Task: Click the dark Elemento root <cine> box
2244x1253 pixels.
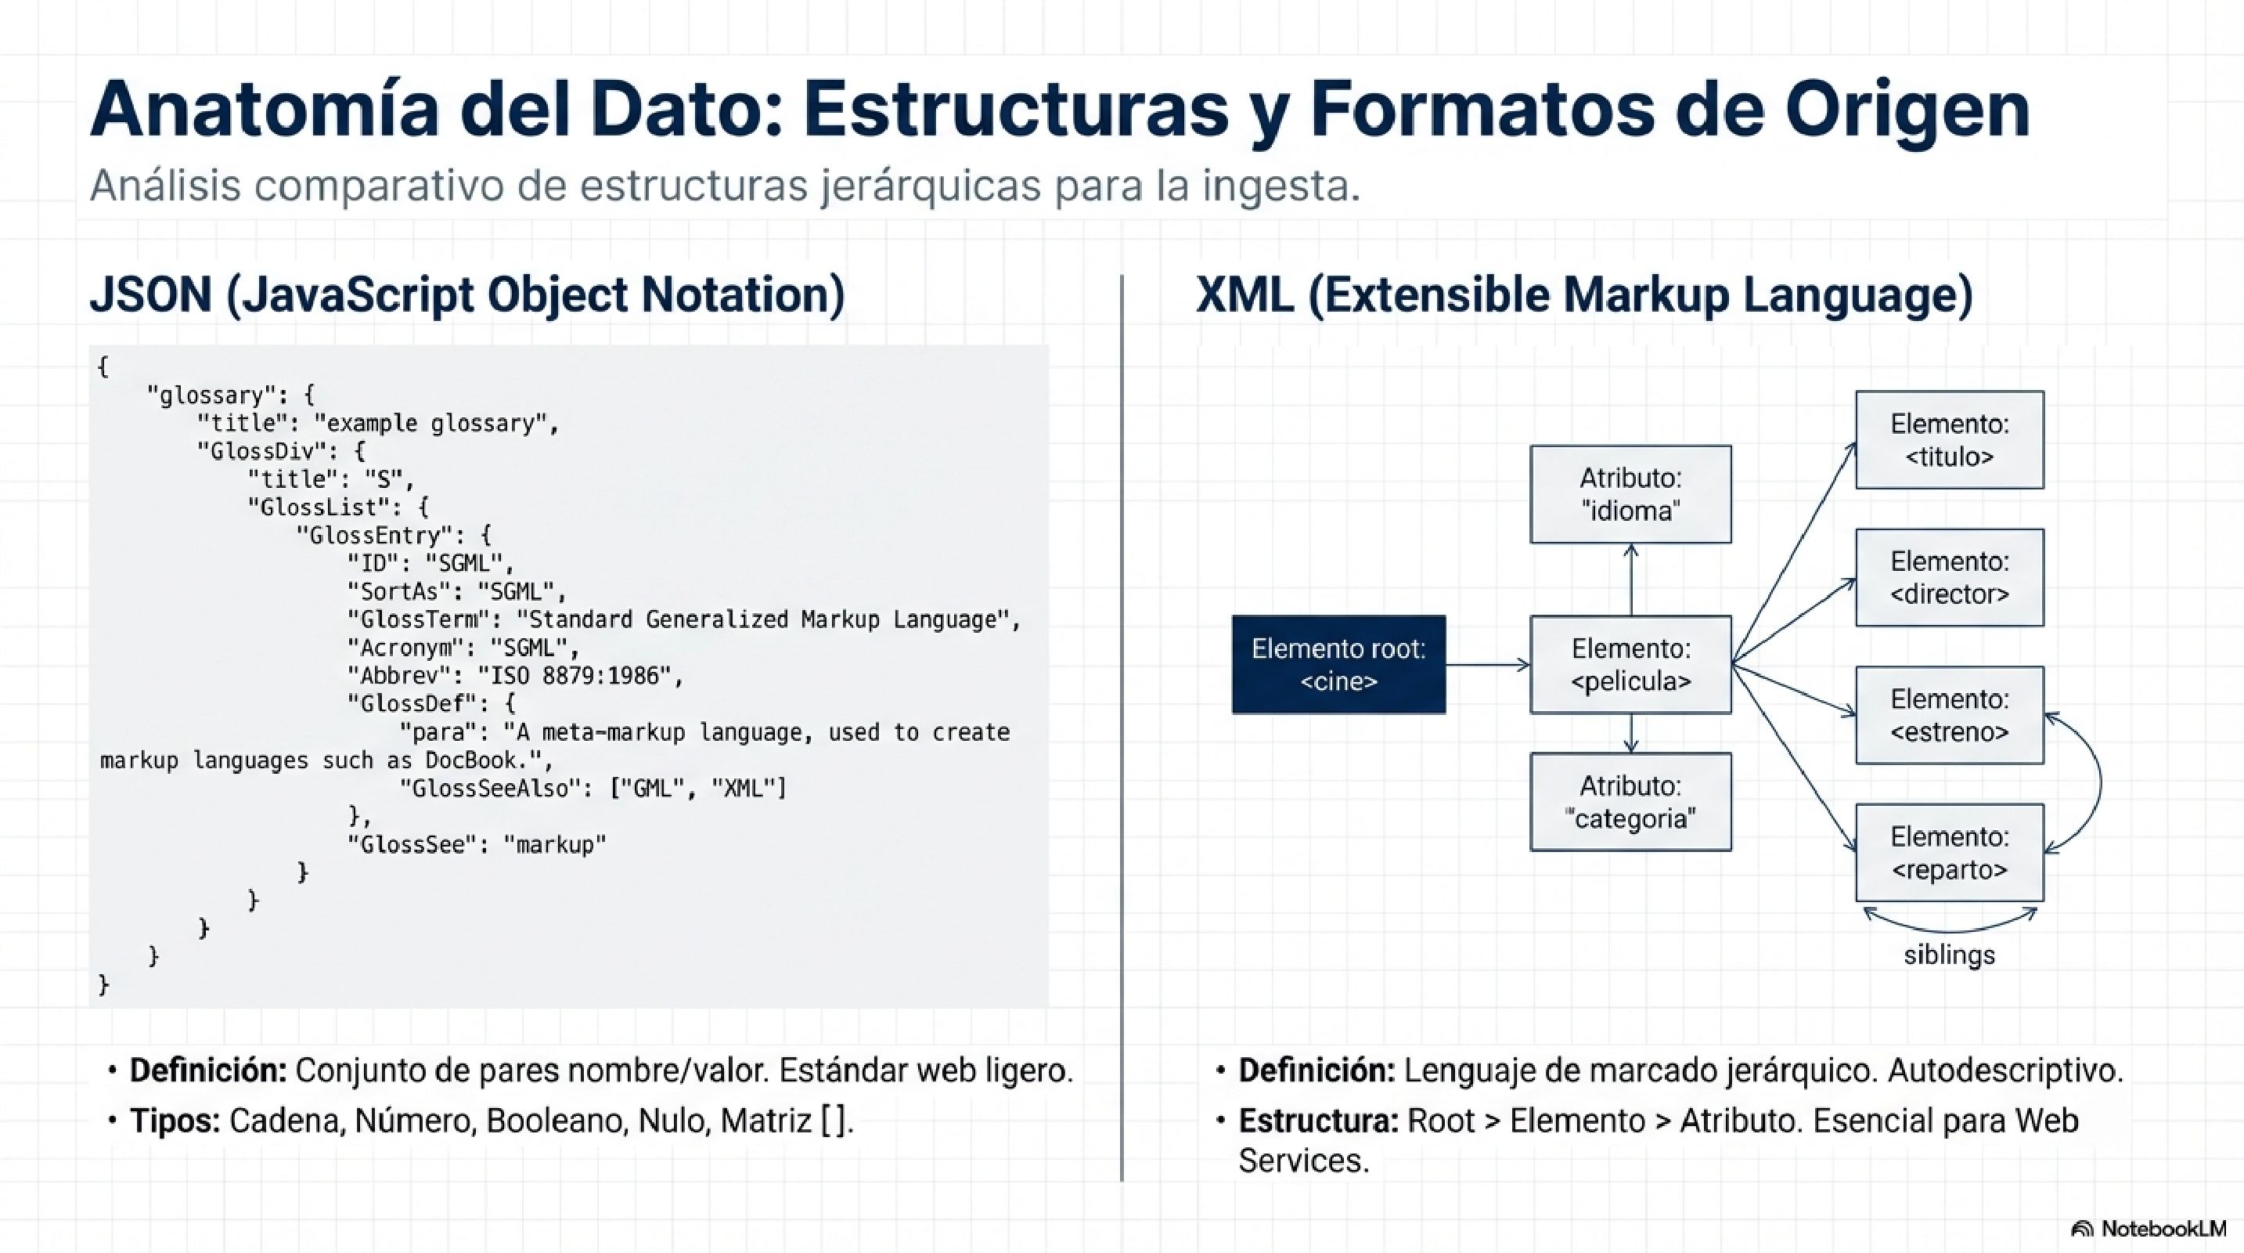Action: [x=1338, y=665]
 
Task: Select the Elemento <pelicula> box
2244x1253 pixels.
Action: [x=1630, y=665]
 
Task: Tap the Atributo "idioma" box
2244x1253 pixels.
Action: [x=1630, y=494]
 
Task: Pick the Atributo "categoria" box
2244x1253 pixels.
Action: [x=1630, y=802]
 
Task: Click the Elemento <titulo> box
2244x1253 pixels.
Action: [x=1949, y=440]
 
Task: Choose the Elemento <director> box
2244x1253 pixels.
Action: [x=1949, y=577]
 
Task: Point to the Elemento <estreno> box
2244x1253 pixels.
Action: [x=1949, y=714]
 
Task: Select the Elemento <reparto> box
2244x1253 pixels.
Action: [x=1949, y=852]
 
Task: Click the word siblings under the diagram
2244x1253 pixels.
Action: [x=1949, y=955]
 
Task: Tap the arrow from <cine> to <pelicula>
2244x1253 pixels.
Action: [x=1488, y=665]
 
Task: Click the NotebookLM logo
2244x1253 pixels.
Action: [x=2149, y=1229]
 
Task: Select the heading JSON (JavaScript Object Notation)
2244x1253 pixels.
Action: [x=467, y=294]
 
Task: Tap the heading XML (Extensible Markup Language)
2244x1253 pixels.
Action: [x=1583, y=294]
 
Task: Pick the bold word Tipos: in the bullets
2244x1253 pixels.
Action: [x=175, y=1121]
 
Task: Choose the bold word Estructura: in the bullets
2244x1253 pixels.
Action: [x=1317, y=1121]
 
